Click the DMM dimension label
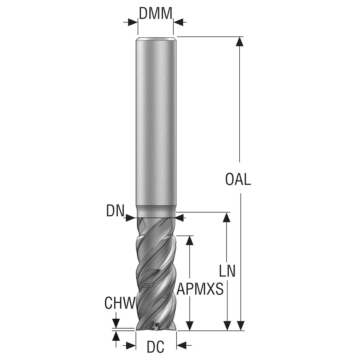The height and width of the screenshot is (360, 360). tap(156, 13)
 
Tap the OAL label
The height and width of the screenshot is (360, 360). tap(238, 179)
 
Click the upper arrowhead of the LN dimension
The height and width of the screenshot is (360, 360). tap(227, 217)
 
